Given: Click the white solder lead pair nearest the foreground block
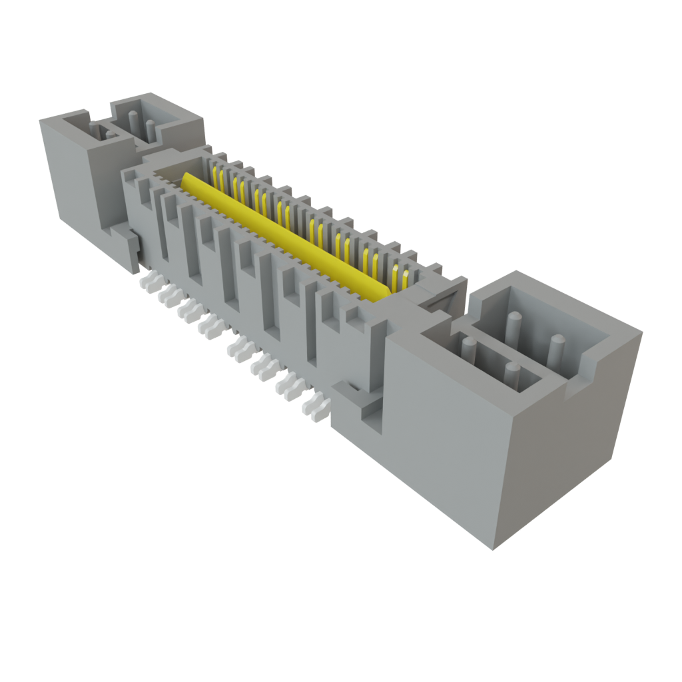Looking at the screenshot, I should coord(315,405).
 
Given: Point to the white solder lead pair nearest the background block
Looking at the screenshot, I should coord(147,282).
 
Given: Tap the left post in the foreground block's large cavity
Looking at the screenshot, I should coord(513,326).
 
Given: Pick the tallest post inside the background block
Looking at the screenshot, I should coord(133,125).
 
